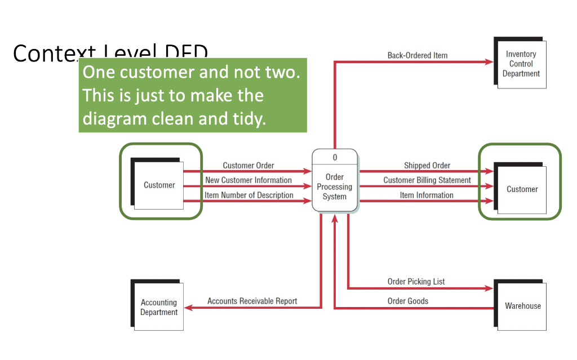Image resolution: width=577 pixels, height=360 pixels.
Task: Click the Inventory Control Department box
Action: [x=521, y=64]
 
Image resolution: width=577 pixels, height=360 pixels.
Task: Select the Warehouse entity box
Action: [x=522, y=306]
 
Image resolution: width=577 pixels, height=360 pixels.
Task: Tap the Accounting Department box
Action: [x=158, y=307]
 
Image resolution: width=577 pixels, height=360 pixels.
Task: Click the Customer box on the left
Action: [x=159, y=185]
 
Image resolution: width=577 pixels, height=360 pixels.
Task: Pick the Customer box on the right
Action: [x=522, y=189]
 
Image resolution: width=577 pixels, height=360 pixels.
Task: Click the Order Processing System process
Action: [x=335, y=187]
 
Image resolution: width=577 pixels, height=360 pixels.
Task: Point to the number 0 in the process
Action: [x=335, y=158]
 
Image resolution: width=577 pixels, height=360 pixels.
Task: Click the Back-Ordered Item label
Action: [x=417, y=55]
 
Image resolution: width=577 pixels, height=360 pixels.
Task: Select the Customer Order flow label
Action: [x=248, y=165]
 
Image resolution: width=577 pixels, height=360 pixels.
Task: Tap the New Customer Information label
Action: [x=248, y=180]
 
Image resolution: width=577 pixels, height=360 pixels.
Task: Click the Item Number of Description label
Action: [x=248, y=195]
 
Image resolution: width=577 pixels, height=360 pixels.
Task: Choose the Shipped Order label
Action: [x=427, y=165]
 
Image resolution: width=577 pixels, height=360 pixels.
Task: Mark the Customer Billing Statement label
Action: [x=427, y=180]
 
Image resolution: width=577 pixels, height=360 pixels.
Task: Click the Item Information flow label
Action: [x=427, y=195]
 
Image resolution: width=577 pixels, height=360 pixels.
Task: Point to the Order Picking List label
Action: [x=416, y=281]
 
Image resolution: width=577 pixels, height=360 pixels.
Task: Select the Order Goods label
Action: [x=407, y=301]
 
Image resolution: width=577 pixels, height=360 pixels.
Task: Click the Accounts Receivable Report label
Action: [x=252, y=301]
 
